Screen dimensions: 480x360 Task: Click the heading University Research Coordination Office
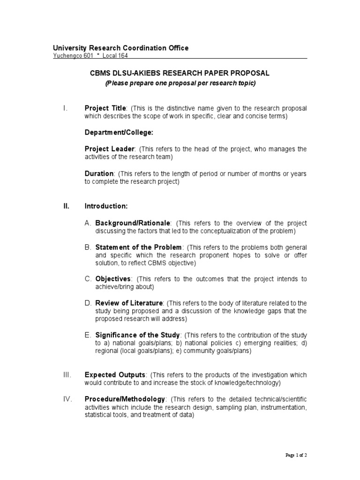(120, 48)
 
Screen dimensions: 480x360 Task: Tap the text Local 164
(115, 55)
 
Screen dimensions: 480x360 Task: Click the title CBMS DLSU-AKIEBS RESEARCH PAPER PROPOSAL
(180, 74)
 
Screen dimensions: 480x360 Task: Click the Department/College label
(119, 133)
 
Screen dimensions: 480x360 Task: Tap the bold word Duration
(99, 173)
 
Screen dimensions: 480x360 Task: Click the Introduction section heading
(106, 206)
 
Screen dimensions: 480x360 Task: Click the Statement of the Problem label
(138, 247)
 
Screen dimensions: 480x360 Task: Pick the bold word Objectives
(114, 279)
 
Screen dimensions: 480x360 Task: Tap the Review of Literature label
(129, 303)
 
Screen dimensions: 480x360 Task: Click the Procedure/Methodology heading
(125, 399)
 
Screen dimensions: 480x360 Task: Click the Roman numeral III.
(66, 375)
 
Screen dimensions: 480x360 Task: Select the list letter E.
(87, 335)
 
